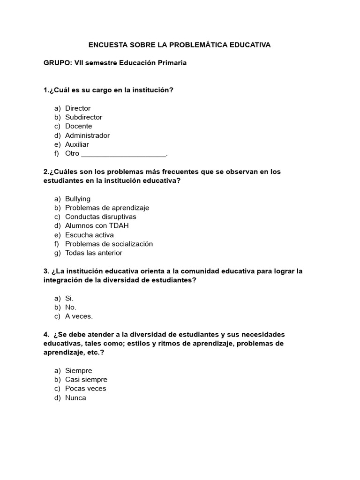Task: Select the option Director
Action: click(78, 108)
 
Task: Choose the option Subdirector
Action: click(83, 117)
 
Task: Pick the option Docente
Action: click(78, 126)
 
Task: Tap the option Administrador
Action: click(87, 135)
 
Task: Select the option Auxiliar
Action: click(77, 144)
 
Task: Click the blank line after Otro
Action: click(124, 154)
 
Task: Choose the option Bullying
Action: click(78, 199)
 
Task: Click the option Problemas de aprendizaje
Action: click(107, 208)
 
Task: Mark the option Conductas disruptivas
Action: click(100, 217)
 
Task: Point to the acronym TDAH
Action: click(119, 225)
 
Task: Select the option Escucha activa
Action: click(89, 235)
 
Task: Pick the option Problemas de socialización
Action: click(109, 244)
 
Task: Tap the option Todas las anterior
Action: click(93, 253)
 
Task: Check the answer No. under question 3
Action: click(70, 307)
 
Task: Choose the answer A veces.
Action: click(79, 316)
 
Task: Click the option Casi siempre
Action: click(86, 380)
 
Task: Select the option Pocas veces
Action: click(85, 389)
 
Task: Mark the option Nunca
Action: click(75, 398)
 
